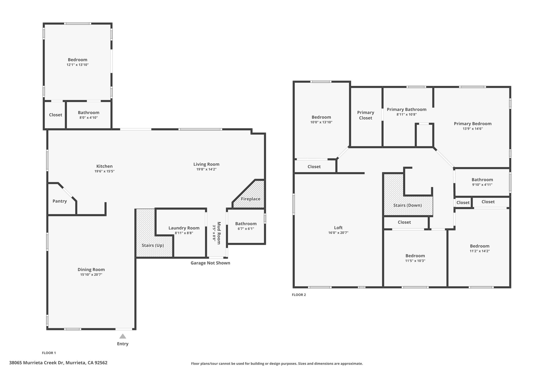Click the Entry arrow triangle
pos(123,336)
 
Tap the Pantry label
pos(60,201)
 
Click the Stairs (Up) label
pos(153,245)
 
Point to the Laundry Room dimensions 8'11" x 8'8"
pos(184,233)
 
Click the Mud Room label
pos(219,233)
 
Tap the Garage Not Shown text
pos(210,263)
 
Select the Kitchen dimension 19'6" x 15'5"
pos(104,171)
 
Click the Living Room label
pos(206,164)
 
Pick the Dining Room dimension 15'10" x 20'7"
pos(91,275)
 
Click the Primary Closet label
pos(366,115)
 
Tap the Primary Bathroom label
pos(407,109)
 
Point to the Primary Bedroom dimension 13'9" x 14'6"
pos(473,129)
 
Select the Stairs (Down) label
pos(408,205)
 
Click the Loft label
pos(338,228)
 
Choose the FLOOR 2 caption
pos(299,295)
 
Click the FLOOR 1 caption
pos(49,353)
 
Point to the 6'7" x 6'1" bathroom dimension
pos(246,229)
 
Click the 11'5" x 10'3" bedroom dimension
pos(415,261)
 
